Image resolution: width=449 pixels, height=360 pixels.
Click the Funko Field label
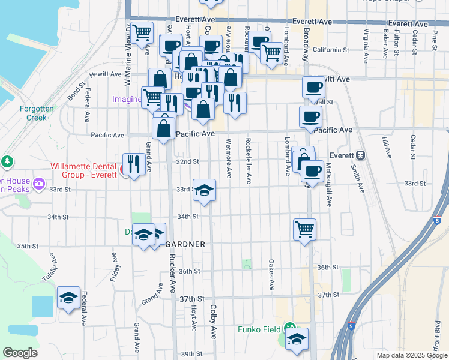click(x=259, y=329)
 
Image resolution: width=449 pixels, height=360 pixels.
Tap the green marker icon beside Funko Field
click(x=290, y=328)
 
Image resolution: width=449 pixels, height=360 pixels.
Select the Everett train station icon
click(x=361, y=154)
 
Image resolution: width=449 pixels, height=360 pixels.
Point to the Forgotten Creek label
click(x=37, y=113)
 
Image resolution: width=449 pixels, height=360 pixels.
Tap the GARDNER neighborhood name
click(x=185, y=244)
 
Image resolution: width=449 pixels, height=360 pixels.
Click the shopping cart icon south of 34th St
click(x=304, y=229)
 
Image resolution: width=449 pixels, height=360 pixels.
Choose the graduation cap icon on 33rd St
click(x=204, y=190)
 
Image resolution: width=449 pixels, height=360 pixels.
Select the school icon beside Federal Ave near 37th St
click(x=68, y=296)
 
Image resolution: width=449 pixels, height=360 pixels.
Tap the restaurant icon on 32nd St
click(x=133, y=163)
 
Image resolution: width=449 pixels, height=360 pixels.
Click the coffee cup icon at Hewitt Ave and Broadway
click(x=313, y=88)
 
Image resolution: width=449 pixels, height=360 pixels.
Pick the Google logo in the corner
click(x=20, y=353)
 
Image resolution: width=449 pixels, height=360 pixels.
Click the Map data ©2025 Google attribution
click(x=411, y=355)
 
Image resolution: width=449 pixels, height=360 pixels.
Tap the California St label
click(x=330, y=50)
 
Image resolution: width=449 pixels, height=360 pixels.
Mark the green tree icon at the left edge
click(x=7, y=161)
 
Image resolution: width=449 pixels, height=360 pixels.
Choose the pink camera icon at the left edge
click(x=40, y=183)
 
